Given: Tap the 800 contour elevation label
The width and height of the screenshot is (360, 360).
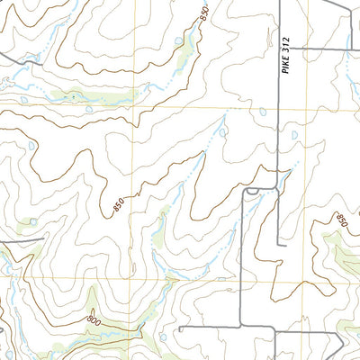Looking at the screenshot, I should click(93, 319).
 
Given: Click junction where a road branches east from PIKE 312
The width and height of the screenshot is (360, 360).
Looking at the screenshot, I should click(280, 48).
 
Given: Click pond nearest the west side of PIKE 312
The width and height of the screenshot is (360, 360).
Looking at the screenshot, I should click(262, 112).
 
